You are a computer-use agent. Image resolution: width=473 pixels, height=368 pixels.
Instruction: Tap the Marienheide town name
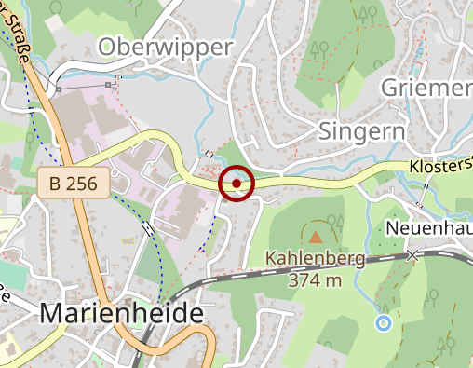(121, 314)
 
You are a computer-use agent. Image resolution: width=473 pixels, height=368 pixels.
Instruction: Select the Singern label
(361, 129)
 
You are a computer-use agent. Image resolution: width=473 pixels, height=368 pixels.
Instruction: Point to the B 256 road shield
(74, 184)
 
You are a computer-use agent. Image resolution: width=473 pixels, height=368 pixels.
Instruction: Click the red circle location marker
(237, 184)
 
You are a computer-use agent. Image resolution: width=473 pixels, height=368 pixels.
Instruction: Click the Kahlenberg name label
(314, 259)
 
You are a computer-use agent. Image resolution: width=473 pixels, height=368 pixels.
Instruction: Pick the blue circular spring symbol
(383, 323)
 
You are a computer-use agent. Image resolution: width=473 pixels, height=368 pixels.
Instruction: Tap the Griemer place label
(428, 88)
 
